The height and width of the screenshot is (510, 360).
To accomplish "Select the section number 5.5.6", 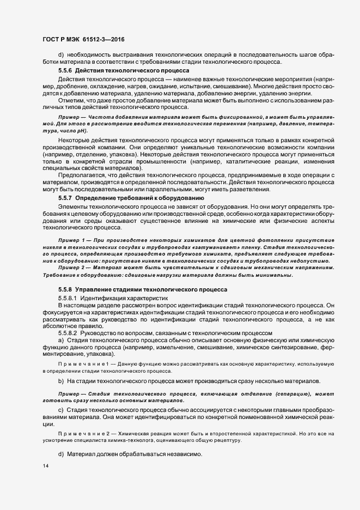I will [65, 71].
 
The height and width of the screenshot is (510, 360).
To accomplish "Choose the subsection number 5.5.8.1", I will [68, 298].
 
